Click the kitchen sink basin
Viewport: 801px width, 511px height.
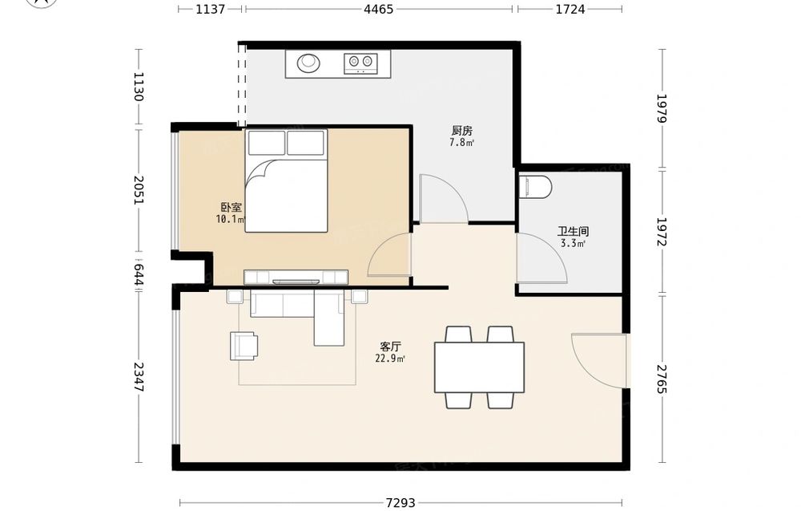308,63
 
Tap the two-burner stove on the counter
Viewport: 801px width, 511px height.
360,63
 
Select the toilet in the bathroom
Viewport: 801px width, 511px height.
535,187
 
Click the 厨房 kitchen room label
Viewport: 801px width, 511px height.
462,131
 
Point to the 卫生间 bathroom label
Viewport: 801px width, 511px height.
573,231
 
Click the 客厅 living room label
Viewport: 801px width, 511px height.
391,347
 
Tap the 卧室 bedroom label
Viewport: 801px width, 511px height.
231,207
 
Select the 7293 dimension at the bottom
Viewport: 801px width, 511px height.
400,503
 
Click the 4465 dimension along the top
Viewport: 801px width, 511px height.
379,9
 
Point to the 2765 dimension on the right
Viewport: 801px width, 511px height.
662,379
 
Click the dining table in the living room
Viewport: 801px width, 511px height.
479,367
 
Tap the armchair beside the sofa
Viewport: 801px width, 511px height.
244,346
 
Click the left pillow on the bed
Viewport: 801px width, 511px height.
266,142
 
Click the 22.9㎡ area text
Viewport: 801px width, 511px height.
390,359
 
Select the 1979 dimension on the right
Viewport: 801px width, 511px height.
662,108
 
